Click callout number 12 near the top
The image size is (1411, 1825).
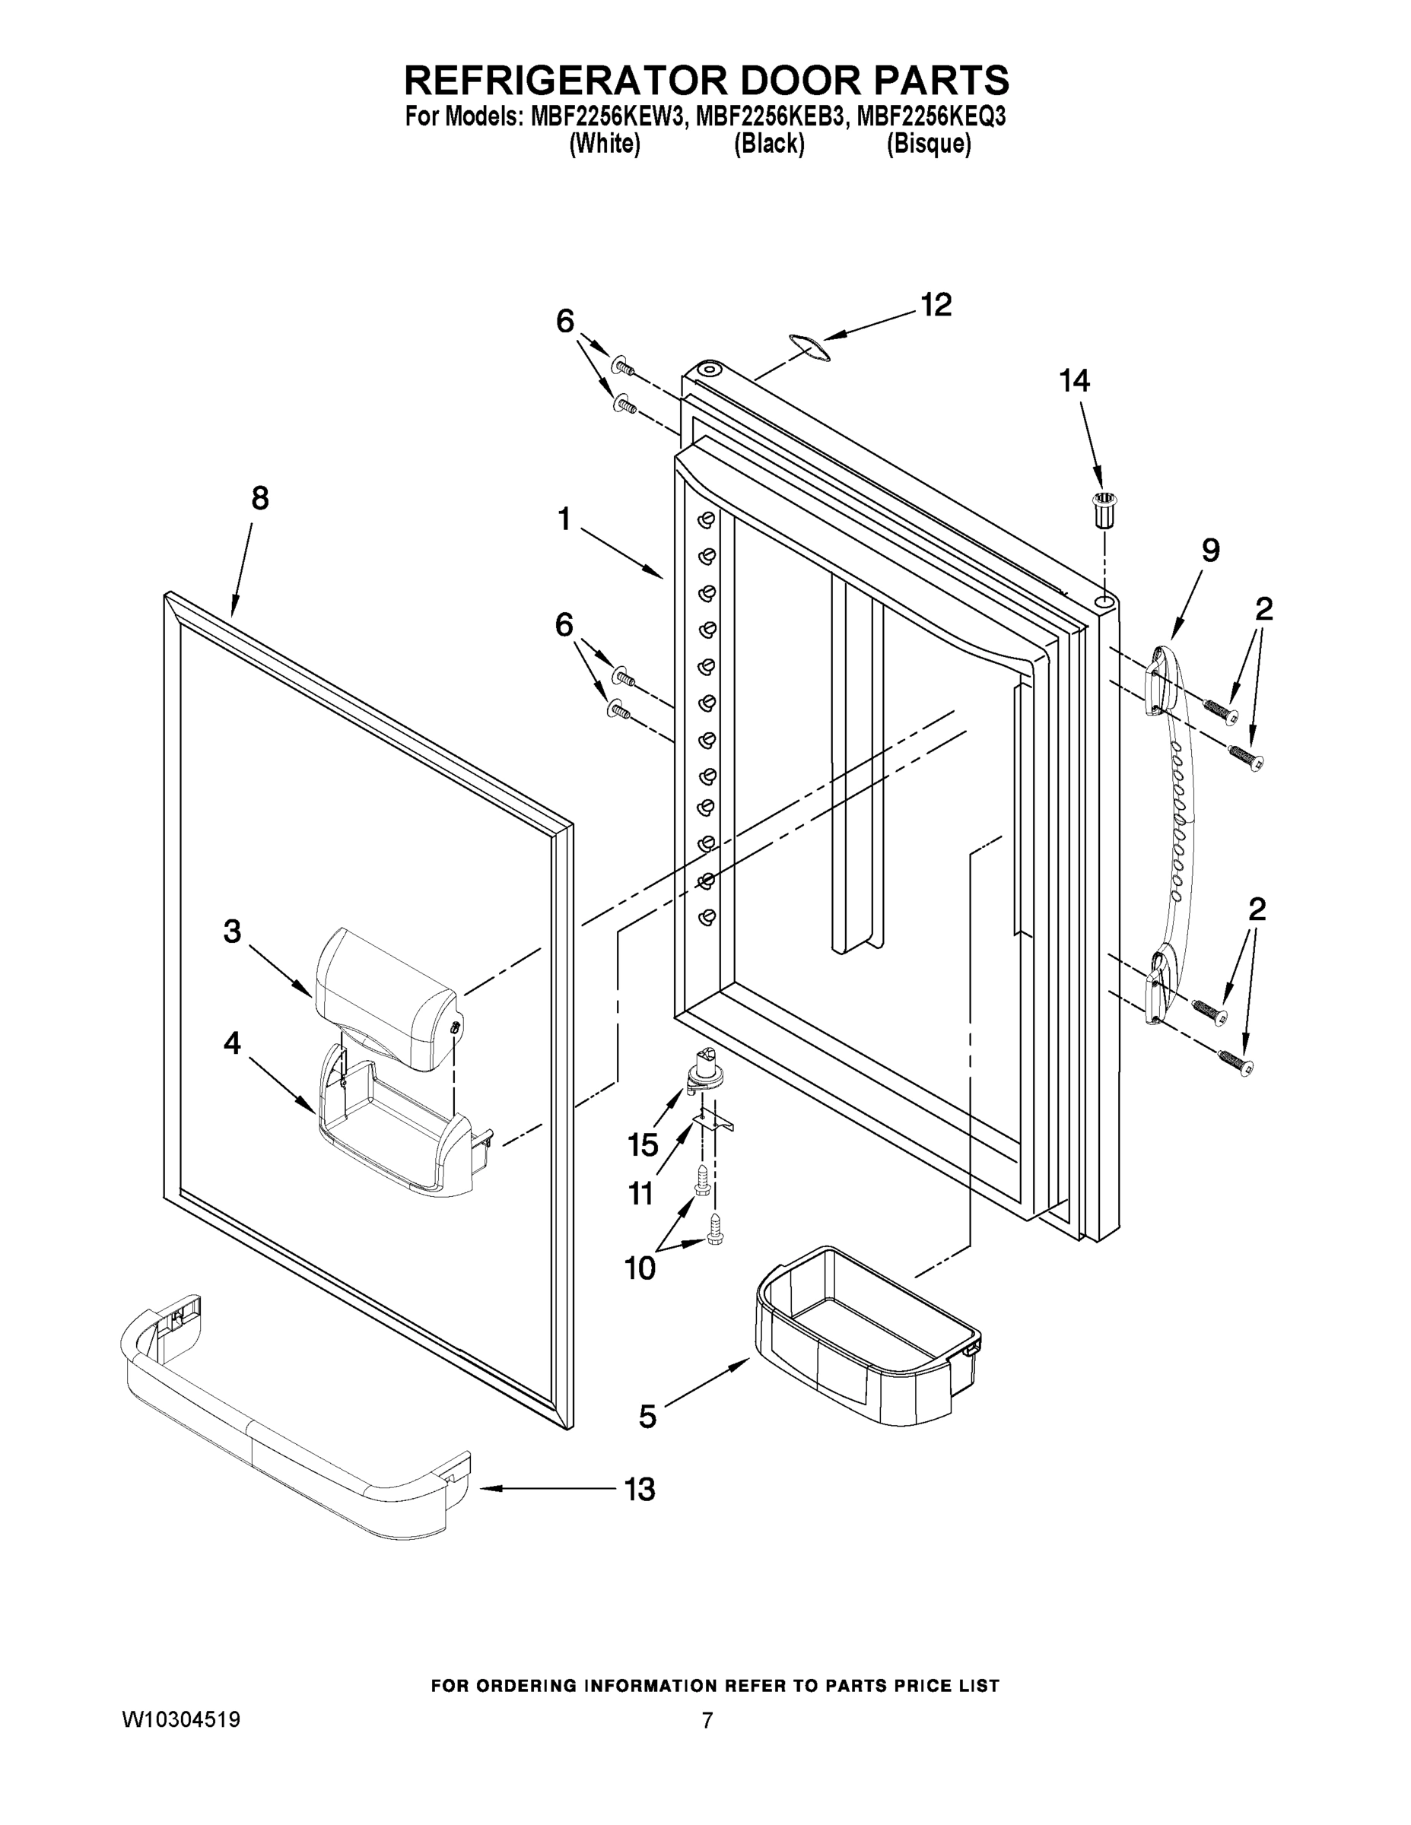point(936,305)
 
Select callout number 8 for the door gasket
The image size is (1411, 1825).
point(260,499)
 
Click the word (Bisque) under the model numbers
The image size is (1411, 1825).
point(928,144)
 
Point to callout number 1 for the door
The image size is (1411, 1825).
point(564,520)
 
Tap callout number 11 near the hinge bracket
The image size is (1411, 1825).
point(640,1193)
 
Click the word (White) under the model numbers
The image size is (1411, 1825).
point(605,144)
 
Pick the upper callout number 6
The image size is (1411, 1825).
point(566,320)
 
